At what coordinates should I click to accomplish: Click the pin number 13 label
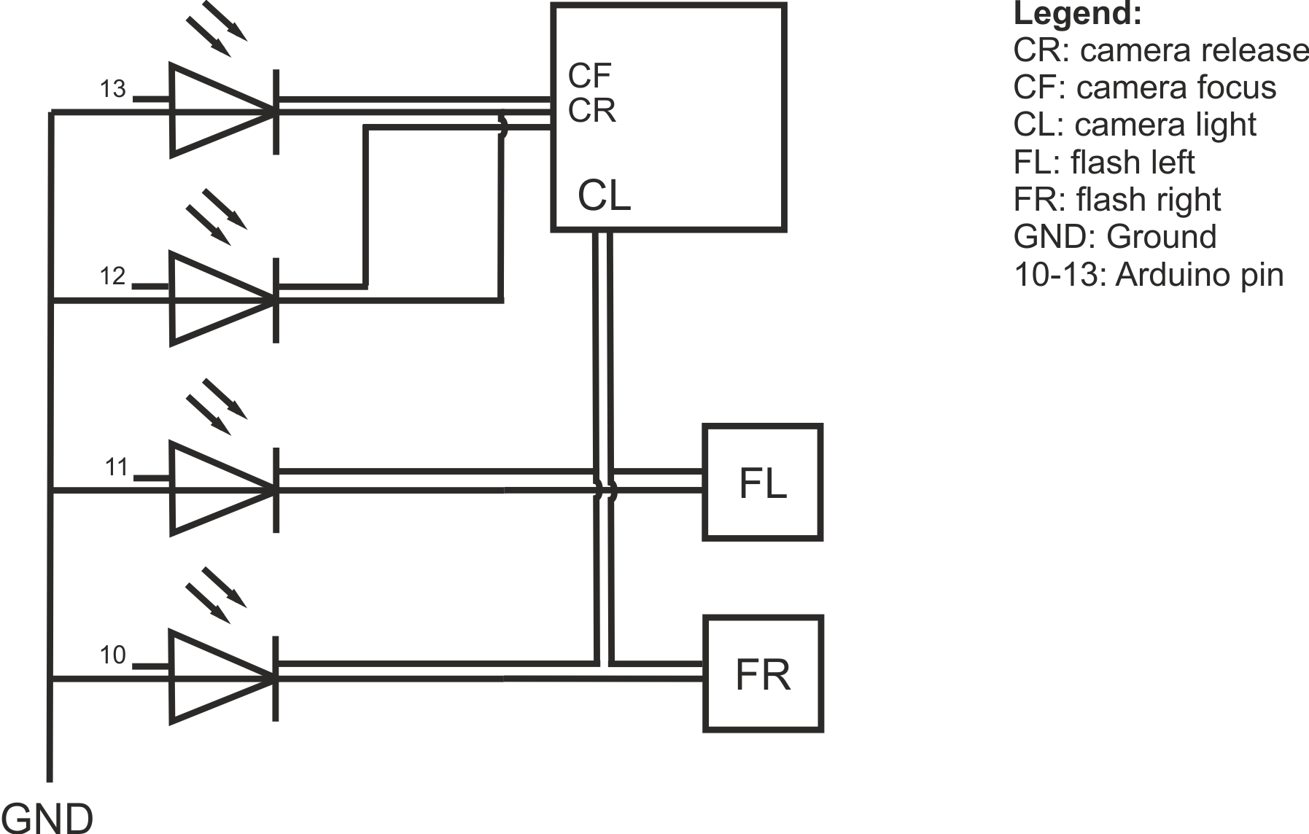click(113, 89)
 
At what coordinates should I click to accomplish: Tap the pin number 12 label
click(113, 276)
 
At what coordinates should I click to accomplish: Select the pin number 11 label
click(117, 467)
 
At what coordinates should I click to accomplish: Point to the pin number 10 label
click(113, 655)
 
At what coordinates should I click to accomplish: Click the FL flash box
click(763, 483)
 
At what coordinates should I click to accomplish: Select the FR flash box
click(763, 674)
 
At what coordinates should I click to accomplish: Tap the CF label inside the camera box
click(590, 76)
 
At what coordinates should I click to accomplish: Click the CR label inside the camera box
click(592, 111)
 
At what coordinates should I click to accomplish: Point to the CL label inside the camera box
click(605, 195)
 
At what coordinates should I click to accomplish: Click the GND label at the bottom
click(47, 817)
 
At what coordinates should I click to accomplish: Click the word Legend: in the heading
click(1078, 15)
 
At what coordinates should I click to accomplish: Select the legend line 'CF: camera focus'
click(1145, 87)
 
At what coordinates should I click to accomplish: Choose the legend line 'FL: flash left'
click(1104, 162)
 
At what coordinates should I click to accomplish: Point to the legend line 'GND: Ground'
click(1115, 237)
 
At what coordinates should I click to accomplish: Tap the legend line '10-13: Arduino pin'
click(1149, 275)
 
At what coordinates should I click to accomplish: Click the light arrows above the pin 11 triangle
click(217, 407)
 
